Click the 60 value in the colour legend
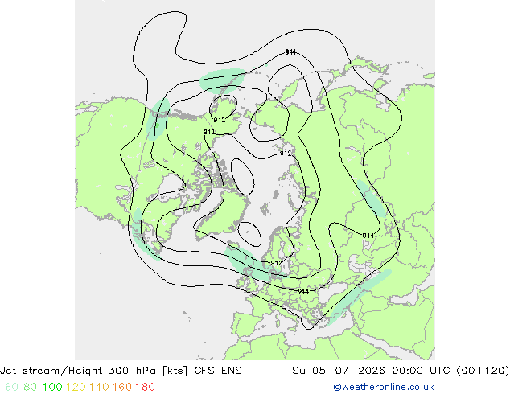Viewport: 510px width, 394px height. [x=11, y=387]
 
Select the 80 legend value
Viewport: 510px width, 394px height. [x=30, y=387]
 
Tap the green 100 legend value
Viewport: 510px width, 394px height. [x=52, y=387]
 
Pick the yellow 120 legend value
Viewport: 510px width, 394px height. [x=76, y=387]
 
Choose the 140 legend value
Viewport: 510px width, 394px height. [x=99, y=387]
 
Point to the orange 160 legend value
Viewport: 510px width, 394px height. [x=122, y=387]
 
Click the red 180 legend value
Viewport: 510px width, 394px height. [x=145, y=387]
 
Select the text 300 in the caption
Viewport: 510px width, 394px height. [x=117, y=371]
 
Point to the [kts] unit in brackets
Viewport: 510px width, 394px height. [x=175, y=371]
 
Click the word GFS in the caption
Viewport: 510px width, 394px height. [x=204, y=371]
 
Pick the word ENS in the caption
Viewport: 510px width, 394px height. [x=232, y=371]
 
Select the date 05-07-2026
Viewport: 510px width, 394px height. [x=348, y=371]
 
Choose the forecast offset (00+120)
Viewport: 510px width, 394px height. [x=483, y=371]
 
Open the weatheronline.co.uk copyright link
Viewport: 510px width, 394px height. [x=384, y=387]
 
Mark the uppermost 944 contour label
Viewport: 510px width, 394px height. [x=290, y=52]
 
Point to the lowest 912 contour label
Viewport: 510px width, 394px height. [x=276, y=263]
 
